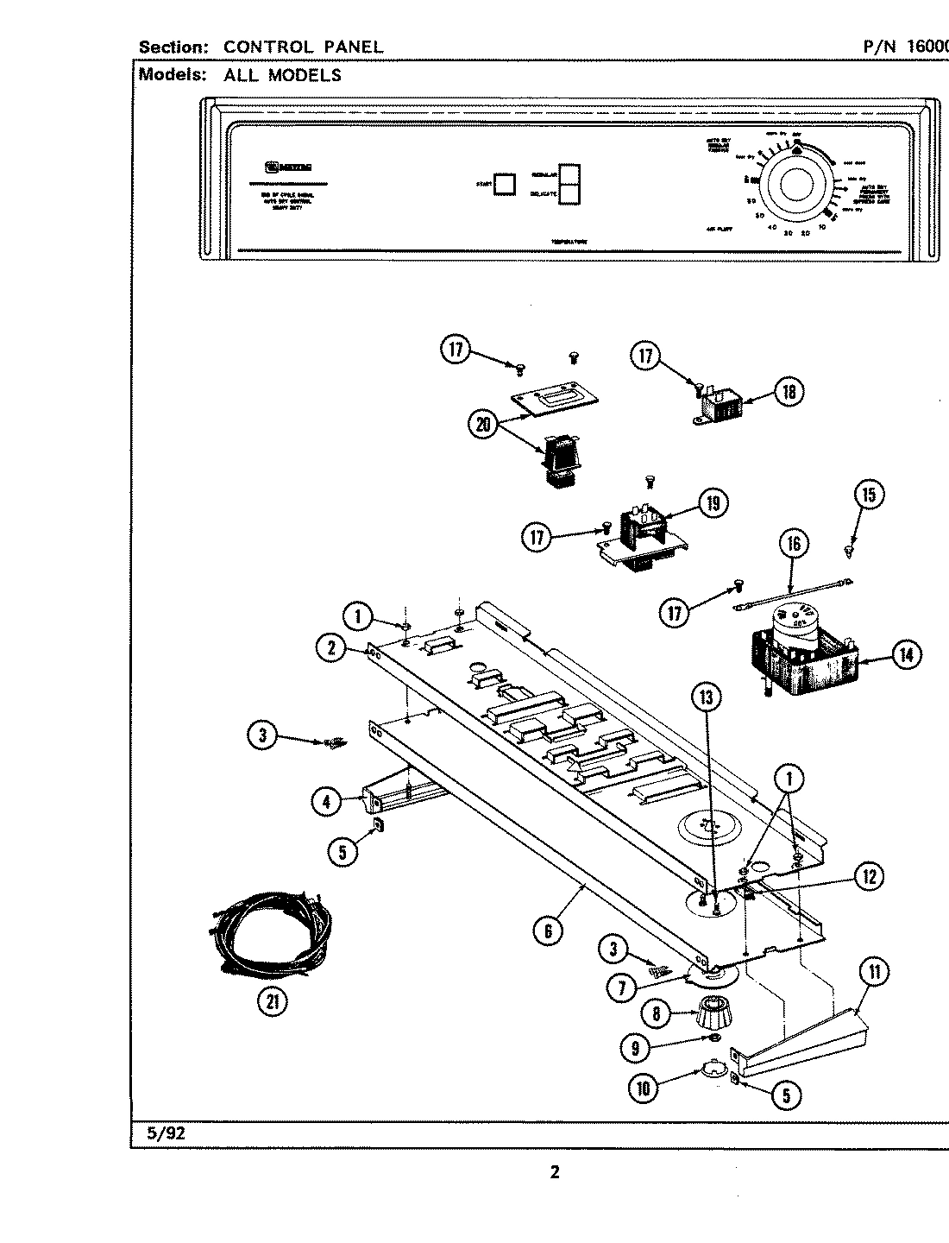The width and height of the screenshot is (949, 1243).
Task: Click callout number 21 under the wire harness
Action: tap(273, 1002)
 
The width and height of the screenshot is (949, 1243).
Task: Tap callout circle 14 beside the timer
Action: tap(905, 655)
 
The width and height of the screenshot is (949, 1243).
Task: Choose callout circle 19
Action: tap(713, 503)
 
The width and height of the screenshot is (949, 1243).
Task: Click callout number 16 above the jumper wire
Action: tap(794, 544)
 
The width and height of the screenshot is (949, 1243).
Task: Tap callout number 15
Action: tap(868, 495)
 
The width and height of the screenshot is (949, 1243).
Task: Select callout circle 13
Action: tap(707, 697)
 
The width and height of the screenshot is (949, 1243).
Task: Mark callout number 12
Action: tap(868, 877)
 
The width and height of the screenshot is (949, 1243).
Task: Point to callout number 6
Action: tap(548, 931)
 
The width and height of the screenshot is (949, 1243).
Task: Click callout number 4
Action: tap(327, 801)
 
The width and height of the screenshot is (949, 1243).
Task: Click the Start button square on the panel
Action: tap(505, 183)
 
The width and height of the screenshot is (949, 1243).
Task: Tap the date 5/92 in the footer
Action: tap(166, 1133)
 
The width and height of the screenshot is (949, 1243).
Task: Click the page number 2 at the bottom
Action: tap(555, 1172)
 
